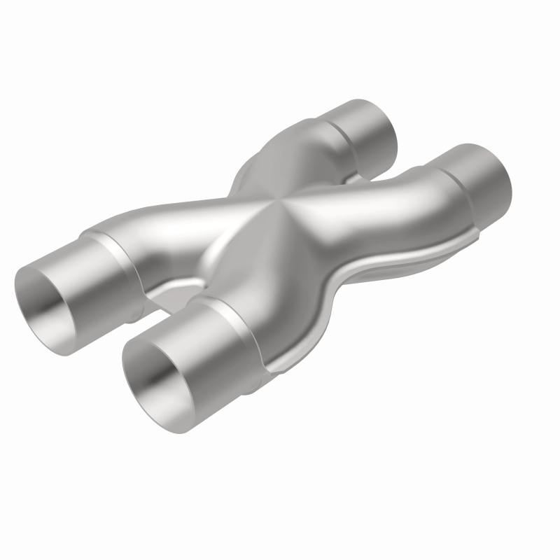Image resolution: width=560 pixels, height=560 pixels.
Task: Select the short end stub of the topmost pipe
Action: pyautogui.click(x=367, y=126)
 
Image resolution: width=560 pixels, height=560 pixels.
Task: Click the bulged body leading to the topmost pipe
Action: pyautogui.click(x=294, y=150)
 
